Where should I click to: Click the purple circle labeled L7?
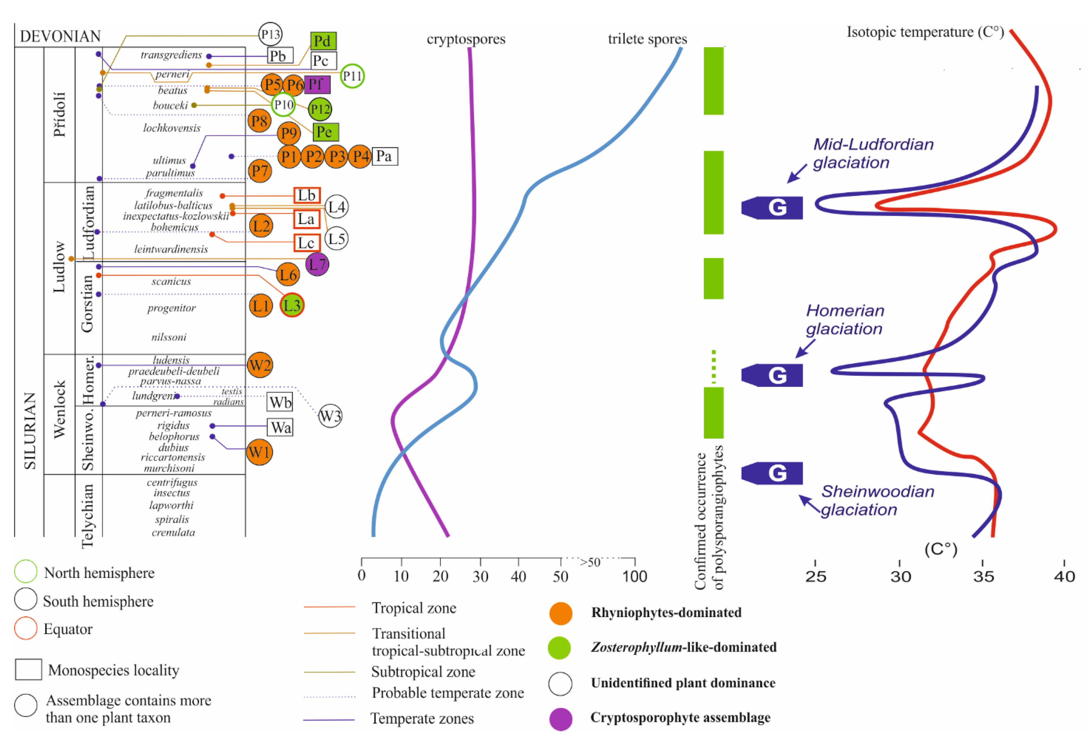coord(317,264)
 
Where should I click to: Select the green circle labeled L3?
coord(292,305)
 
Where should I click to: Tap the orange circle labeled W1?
coord(259,452)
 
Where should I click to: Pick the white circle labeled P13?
coord(270,34)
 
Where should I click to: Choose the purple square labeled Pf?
coord(317,84)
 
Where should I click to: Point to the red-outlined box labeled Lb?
coord(307,195)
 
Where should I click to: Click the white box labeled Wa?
coord(280,427)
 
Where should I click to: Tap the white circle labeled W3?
coord(330,416)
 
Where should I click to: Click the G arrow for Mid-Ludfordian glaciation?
coord(772,207)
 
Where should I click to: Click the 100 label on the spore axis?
coord(634,576)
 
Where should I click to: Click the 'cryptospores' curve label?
coord(466,39)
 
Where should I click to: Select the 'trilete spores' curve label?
coord(647,39)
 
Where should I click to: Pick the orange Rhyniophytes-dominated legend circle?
coord(561,613)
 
